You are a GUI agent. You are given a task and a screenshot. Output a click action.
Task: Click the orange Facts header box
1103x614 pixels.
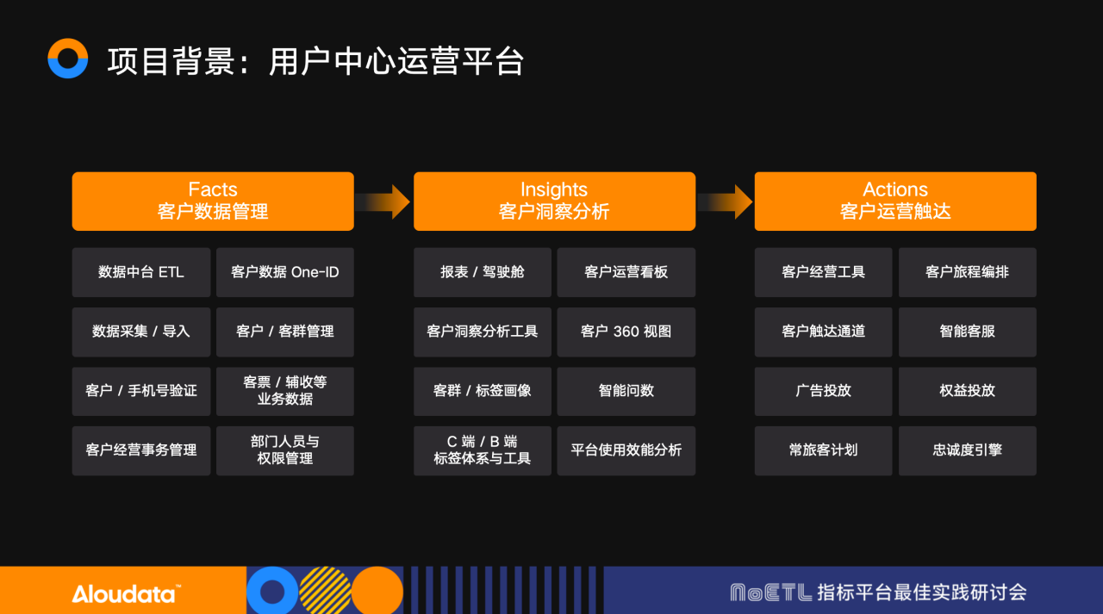click(213, 202)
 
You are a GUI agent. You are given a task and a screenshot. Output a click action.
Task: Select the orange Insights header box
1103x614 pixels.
click(554, 202)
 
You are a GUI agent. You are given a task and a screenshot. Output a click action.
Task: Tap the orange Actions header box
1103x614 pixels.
click(895, 202)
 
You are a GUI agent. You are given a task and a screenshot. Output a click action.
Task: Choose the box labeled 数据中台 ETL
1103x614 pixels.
click(141, 272)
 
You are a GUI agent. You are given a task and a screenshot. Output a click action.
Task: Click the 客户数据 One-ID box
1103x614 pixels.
click(285, 272)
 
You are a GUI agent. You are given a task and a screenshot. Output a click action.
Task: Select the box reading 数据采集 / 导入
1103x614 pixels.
click(141, 332)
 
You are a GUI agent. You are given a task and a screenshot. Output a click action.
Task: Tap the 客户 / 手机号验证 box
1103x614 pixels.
click(141, 391)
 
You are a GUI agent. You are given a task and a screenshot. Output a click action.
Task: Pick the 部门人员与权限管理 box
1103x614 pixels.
click(285, 450)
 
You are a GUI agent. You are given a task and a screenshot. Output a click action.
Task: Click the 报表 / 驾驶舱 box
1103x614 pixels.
click(483, 272)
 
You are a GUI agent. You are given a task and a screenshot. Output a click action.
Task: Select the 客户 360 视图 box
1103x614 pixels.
click(626, 332)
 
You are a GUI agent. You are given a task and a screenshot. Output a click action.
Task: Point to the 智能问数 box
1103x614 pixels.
click(626, 391)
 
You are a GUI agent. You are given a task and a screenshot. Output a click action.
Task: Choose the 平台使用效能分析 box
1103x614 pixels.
click(626, 450)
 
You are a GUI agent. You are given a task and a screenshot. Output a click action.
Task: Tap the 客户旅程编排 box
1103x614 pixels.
click(968, 272)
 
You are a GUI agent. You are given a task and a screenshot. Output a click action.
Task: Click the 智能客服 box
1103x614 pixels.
click(968, 332)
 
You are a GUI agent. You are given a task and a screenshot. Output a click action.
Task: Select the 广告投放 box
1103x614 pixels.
click(824, 391)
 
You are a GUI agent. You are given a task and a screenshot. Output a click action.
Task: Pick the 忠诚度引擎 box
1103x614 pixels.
click(968, 450)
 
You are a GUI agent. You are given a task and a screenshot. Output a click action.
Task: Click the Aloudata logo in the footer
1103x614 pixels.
click(126, 593)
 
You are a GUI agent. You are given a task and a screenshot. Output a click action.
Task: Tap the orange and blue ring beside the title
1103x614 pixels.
click(68, 59)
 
